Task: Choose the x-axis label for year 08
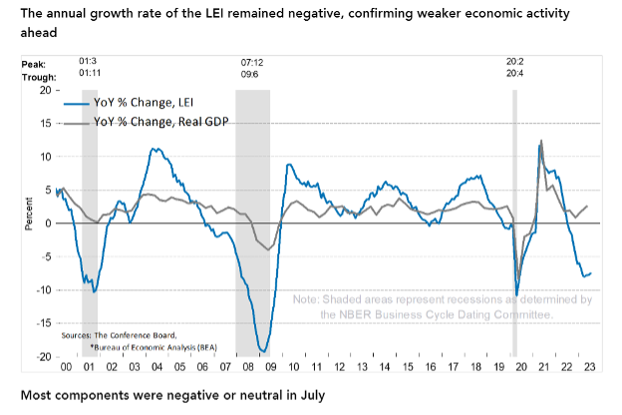(x=244, y=367)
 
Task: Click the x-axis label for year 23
(x=590, y=367)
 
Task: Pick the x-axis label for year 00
(x=66, y=367)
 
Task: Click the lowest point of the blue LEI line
(x=263, y=350)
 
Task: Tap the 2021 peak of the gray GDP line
(x=541, y=142)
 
